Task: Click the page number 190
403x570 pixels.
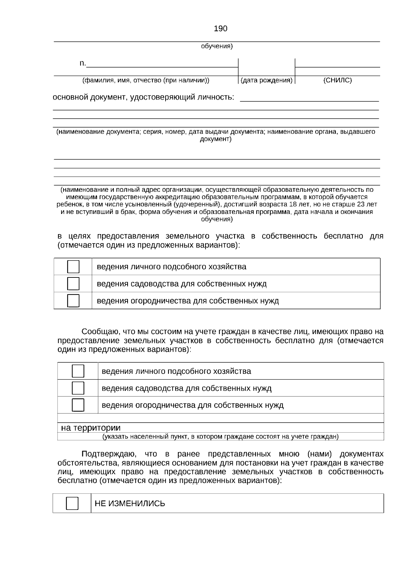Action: [x=220, y=29]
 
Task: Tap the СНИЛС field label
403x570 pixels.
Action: [x=337, y=80]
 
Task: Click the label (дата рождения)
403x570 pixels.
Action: [x=267, y=80]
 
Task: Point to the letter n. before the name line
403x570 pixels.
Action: [x=83, y=63]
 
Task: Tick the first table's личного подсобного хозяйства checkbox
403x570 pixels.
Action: [x=73, y=267]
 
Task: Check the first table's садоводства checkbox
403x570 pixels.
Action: [x=73, y=284]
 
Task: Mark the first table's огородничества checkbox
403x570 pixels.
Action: [x=73, y=301]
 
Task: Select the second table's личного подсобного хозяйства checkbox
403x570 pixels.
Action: [x=78, y=371]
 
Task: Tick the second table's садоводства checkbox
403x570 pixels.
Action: [x=78, y=388]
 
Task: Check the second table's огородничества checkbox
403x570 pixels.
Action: [x=78, y=405]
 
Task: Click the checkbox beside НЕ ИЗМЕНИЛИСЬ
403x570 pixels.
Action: [x=72, y=503]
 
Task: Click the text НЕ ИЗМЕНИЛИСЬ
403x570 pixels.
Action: [x=130, y=503]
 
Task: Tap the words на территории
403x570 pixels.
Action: [x=91, y=428]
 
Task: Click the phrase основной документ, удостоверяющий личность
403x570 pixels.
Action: [x=143, y=97]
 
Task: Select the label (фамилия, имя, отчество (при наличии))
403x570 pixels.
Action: [x=146, y=80]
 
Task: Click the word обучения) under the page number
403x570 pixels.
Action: [x=217, y=46]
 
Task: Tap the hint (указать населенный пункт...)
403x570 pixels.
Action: [x=220, y=437]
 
